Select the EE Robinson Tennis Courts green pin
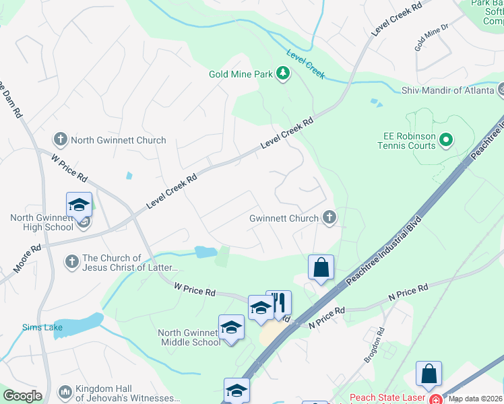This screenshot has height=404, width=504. coord(445,141)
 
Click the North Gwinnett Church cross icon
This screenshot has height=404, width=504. coord(60,140)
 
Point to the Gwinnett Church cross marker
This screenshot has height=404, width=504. coord(329,217)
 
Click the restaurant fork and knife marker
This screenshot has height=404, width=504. coord(278,305)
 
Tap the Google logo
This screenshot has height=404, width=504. coord(23,397)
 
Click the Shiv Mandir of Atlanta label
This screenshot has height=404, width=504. coord(448,90)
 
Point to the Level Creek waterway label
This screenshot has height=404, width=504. coord(306,65)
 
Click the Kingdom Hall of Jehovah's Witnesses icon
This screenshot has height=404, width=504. coord(65,391)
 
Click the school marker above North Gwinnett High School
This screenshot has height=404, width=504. coord(79,205)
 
